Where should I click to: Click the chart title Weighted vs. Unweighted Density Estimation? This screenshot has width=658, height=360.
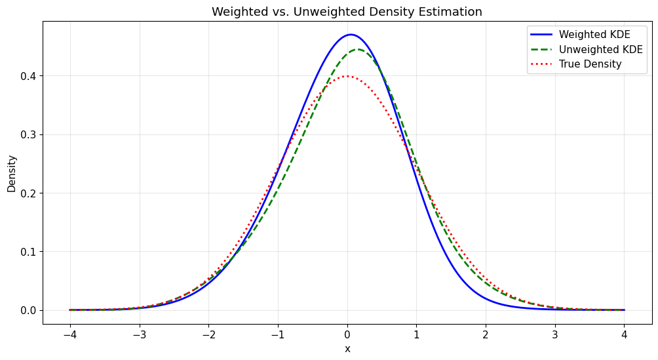pos(347,12)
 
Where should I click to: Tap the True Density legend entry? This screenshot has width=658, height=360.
pos(590,64)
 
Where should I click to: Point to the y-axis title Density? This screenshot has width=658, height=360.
pos(12,173)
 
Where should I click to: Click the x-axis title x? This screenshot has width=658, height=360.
pos(347,349)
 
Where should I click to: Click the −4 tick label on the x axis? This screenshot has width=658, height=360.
pos(69,334)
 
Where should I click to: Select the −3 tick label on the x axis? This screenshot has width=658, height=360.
pos(139,334)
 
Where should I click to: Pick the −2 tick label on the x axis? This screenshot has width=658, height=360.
pos(208,334)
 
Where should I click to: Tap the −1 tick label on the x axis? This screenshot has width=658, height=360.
pos(278,334)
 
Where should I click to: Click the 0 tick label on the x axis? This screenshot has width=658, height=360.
pos(347,334)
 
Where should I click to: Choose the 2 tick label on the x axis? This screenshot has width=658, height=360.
pos(486,334)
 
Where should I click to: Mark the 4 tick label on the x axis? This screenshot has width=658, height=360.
pos(625,334)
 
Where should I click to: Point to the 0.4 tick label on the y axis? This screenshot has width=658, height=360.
pos(29,76)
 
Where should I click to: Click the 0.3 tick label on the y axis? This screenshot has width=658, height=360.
pos(29,134)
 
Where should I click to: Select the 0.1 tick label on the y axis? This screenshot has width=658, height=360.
pos(29,252)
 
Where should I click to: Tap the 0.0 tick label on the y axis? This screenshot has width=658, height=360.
pos(29,310)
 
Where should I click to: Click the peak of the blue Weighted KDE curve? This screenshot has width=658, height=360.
pos(351,35)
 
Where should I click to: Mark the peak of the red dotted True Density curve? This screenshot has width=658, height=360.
pos(347,76)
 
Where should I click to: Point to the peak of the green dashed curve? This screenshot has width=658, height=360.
pos(358,50)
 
